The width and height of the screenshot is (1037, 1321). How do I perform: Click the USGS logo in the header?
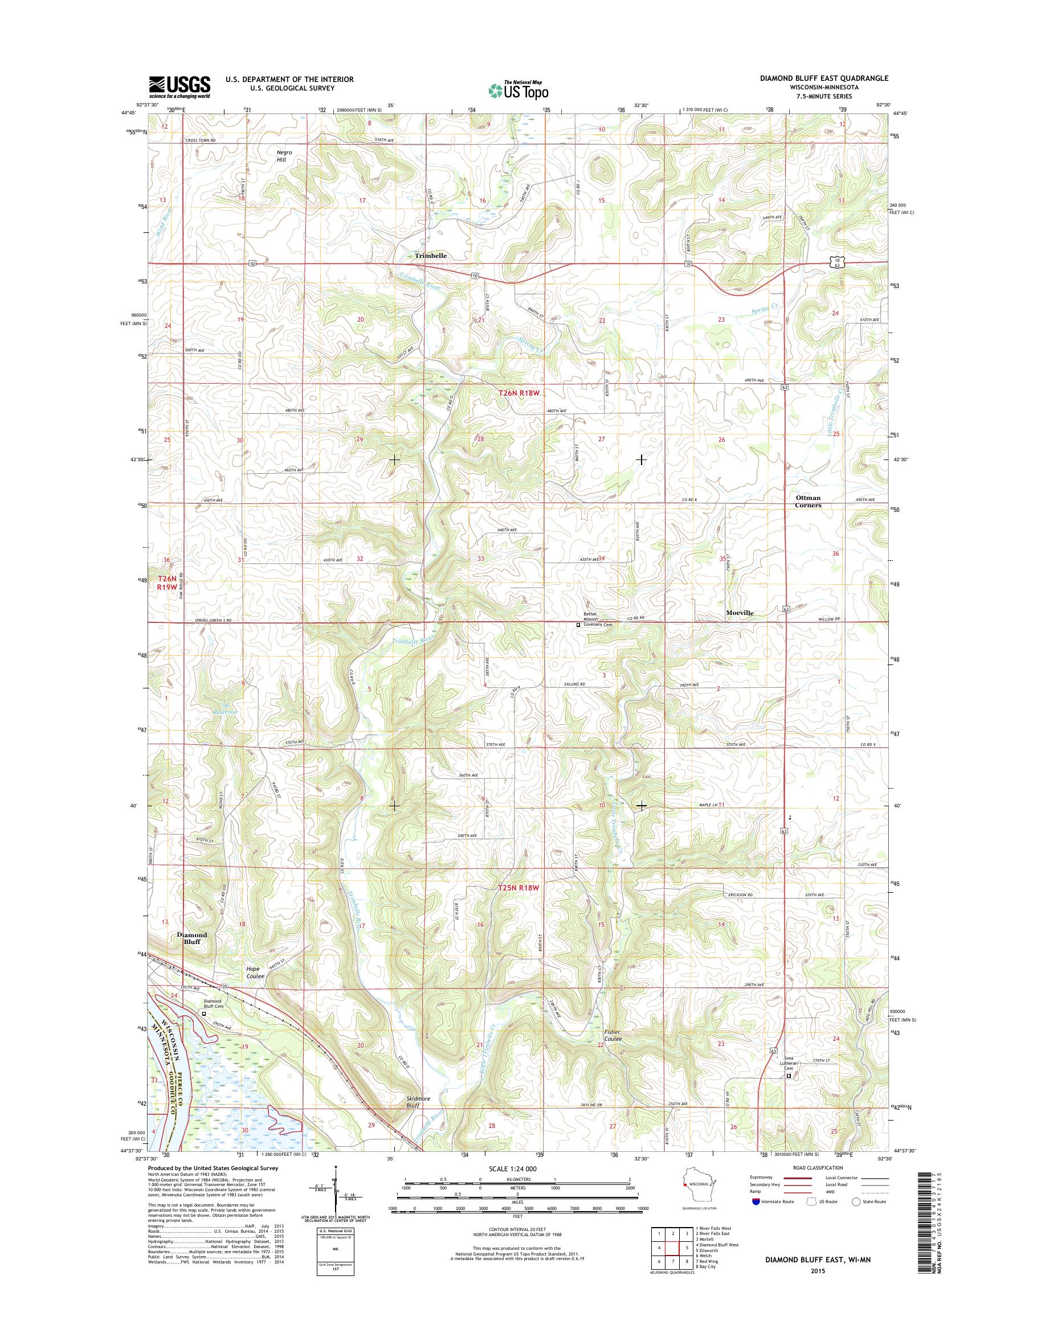tap(179, 87)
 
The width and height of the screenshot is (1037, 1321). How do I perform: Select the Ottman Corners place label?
tap(808, 500)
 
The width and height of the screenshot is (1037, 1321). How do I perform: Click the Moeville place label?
tap(740, 613)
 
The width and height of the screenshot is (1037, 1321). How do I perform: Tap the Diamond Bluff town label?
tap(192, 938)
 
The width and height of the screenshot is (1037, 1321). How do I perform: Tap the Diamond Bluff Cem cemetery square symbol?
tap(204, 1014)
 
